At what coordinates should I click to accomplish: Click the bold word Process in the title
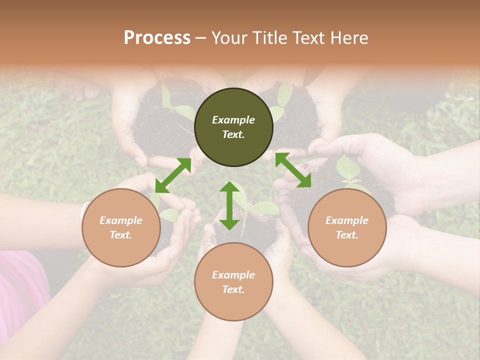[157, 38]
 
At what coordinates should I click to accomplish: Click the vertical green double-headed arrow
[229, 205]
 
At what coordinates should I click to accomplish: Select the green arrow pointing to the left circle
[173, 175]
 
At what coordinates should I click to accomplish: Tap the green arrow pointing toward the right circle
[293, 170]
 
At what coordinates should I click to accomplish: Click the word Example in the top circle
[233, 120]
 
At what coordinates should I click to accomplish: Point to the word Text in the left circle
[121, 235]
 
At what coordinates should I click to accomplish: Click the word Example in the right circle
[347, 220]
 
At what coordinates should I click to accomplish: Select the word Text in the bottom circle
[233, 289]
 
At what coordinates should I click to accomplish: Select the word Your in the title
[230, 38]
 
